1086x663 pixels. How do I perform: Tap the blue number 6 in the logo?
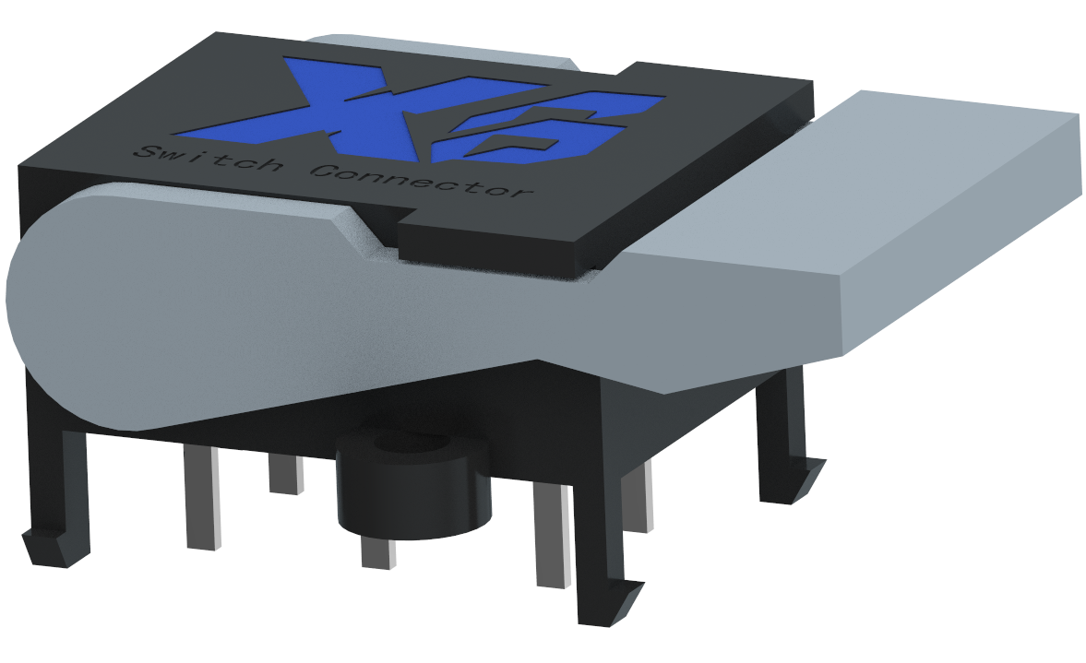[x=547, y=128]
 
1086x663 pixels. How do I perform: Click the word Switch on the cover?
[x=207, y=160]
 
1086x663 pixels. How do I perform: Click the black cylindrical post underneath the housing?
[x=414, y=488]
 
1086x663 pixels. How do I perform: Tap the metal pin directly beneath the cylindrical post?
[x=378, y=552]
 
